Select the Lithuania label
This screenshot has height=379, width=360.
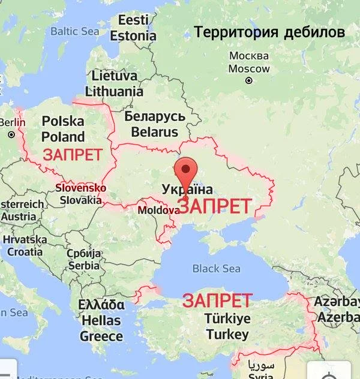[114, 84]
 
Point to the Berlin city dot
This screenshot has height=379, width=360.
[11, 135]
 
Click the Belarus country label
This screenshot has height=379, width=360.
[154, 124]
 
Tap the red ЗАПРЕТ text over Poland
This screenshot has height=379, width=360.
[72, 155]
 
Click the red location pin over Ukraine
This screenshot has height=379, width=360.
[188, 172]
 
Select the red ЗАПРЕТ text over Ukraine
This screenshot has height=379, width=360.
[215, 206]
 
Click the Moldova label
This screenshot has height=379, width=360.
[158, 210]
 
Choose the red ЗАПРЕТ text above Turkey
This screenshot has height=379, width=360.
[217, 300]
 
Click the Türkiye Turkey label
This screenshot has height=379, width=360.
[227, 326]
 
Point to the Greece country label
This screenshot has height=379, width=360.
[101, 320]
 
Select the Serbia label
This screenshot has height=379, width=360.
[83, 259]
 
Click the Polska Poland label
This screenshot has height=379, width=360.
[63, 129]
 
